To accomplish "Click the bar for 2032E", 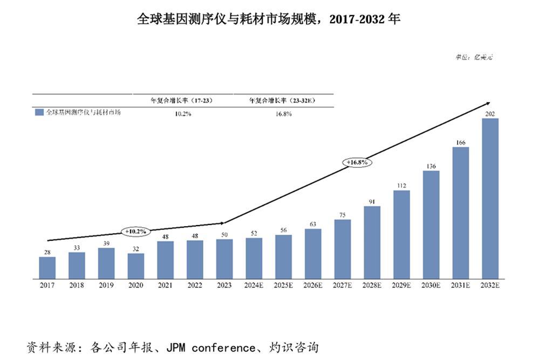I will point(490,199).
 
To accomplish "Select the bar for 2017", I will point(47,268).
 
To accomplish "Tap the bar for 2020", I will point(136,266).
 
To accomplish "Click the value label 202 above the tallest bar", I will point(490,114).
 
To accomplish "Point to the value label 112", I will point(401,186).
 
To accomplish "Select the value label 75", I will point(343,215).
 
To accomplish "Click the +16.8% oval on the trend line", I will point(357,161).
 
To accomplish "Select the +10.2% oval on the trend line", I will point(135,231).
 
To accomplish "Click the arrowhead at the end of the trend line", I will point(488,102).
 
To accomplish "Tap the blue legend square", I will point(39,113).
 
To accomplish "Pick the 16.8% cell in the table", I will point(282,114).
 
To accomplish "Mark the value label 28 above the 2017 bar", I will point(47,252).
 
